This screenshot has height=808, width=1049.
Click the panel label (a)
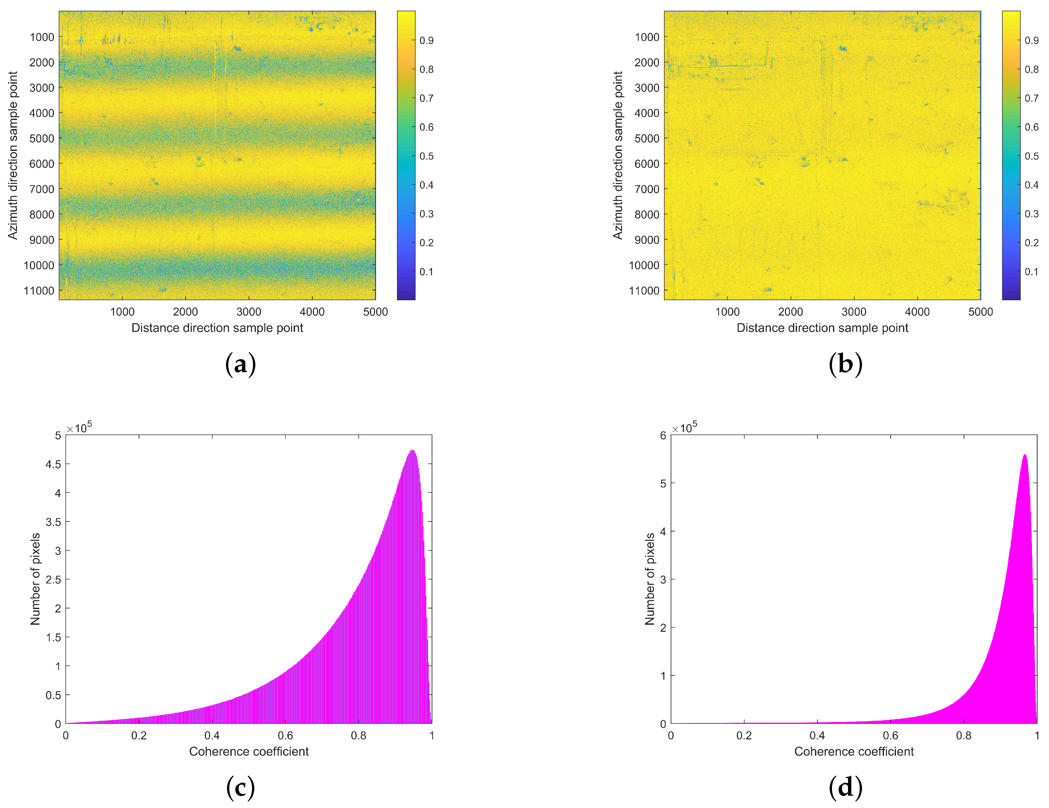240,365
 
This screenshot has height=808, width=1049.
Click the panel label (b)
845,365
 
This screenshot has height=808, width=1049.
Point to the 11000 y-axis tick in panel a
39,291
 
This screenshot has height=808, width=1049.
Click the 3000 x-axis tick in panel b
854,312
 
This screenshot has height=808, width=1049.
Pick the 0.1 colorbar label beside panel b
1032,272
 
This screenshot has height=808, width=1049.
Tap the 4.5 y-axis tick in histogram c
53,464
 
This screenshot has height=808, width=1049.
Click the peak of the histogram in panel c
412,451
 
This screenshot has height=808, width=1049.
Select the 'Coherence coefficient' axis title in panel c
249,751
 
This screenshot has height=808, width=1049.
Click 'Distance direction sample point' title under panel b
822,328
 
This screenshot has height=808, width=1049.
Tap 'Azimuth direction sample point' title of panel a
13,155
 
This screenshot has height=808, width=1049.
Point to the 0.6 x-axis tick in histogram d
890,735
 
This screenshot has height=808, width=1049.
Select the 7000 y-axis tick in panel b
647,189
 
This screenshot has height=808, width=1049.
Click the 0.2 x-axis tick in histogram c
139,735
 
